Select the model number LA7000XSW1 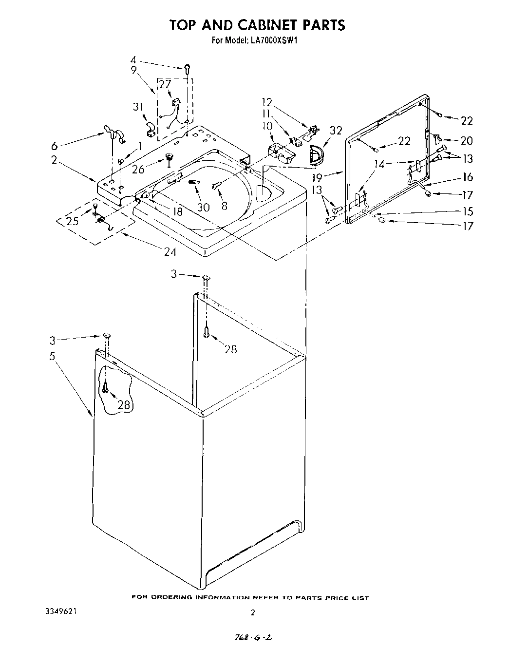[x=275, y=41]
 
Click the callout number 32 [x=336, y=131]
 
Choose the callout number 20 [x=466, y=141]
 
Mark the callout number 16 [x=467, y=177]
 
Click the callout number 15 [x=467, y=211]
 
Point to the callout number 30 [x=203, y=207]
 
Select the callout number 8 [x=224, y=206]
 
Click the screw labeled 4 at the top [x=187, y=68]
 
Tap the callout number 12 [x=267, y=102]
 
